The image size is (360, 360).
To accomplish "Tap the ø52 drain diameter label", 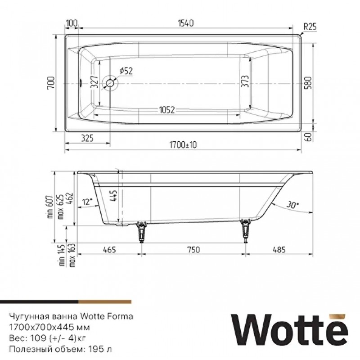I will (x=126, y=71).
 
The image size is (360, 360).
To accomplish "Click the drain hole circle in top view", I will (x=109, y=83).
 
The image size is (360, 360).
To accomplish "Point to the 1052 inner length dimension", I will (x=166, y=110).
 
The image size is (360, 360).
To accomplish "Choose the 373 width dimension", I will (x=246, y=83).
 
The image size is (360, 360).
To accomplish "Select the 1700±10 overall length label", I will (x=184, y=145).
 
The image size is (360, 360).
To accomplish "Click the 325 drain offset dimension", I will (x=87, y=139).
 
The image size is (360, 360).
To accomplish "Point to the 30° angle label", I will (x=292, y=205).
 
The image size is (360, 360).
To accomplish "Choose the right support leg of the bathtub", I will (x=246, y=230).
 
